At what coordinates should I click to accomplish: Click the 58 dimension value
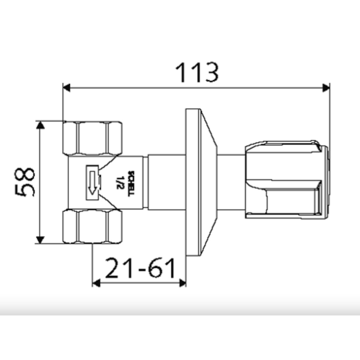pyautogui.click(x=25, y=182)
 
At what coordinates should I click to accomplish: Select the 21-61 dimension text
pyautogui.click(x=140, y=269)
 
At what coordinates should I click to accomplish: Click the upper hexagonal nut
pyautogui.click(x=93, y=138)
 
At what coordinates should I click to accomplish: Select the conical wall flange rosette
pyautogui.click(x=200, y=182)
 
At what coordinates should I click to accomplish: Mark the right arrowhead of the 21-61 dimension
pyautogui.click(x=182, y=283)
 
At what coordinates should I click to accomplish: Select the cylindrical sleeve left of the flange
pyautogui.click(x=166, y=182)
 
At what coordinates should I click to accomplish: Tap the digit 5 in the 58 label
pyautogui.click(x=25, y=191)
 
